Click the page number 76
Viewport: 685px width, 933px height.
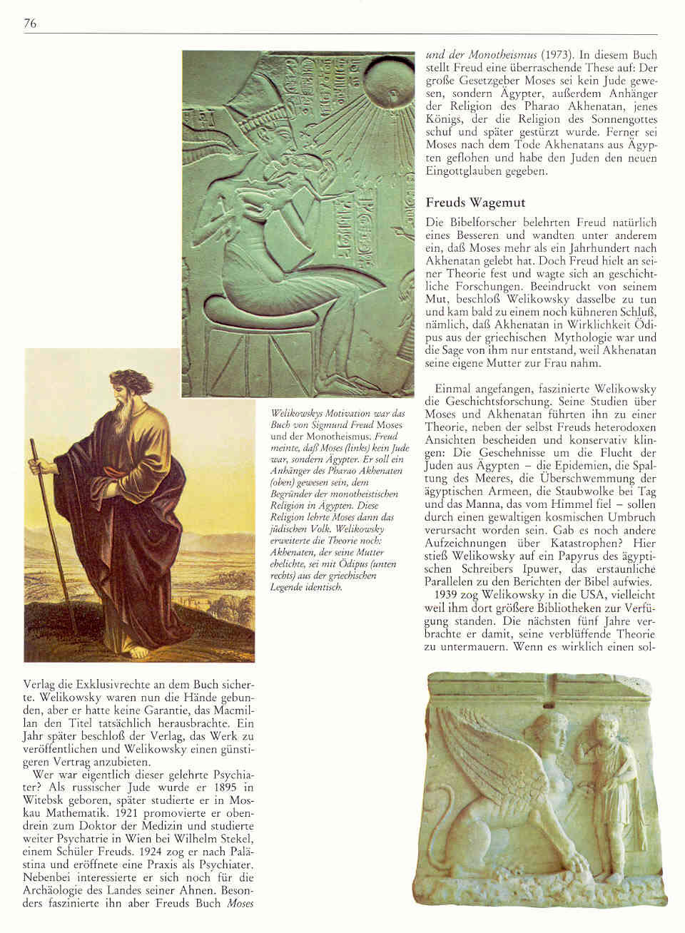(x=29, y=24)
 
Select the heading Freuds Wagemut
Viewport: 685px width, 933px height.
(x=467, y=203)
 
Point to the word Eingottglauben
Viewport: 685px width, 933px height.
(x=462, y=172)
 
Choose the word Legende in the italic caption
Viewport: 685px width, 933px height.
(x=288, y=587)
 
